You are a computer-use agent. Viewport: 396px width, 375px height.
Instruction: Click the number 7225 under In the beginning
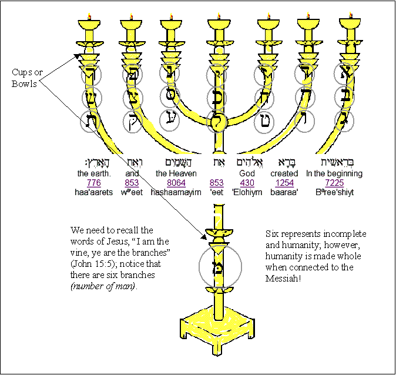coord(334,183)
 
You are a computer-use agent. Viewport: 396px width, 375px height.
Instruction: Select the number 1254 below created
coord(284,183)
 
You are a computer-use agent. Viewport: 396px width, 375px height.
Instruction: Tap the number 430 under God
coord(247,183)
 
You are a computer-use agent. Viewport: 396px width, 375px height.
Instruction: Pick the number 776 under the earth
coord(93,183)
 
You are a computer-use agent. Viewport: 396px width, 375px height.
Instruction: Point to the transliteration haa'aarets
coord(93,192)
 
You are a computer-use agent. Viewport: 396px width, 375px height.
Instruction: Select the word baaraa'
coord(284,192)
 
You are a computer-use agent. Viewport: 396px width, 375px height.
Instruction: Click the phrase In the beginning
coord(334,174)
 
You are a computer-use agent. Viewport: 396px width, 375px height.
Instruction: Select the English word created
coord(284,174)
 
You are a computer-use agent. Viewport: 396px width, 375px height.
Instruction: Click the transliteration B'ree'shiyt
coord(334,192)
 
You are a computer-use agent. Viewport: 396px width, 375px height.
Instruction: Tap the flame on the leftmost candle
coord(90,17)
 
